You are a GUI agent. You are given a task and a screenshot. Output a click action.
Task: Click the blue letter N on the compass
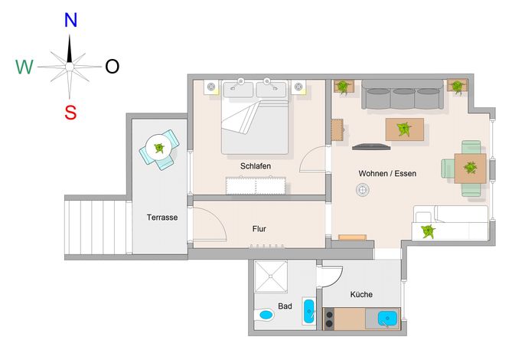click(x=70, y=20)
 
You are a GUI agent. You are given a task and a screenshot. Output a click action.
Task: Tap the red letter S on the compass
click(x=70, y=113)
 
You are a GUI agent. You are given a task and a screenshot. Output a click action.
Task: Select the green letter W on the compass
click(x=24, y=67)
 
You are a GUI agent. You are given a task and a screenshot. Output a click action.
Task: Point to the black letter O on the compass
click(x=112, y=67)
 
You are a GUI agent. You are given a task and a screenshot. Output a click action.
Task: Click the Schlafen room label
click(x=256, y=166)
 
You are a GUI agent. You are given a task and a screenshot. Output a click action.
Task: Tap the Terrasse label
click(x=162, y=218)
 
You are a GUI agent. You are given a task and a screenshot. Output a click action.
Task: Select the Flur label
click(x=259, y=229)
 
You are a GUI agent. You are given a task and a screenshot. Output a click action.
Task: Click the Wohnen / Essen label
click(x=387, y=173)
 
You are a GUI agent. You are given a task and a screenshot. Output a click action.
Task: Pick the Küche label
click(x=361, y=294)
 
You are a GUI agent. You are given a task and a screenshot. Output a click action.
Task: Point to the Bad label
click(x=285, y=306)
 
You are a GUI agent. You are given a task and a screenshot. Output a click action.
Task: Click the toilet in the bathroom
click(x=264, y=315)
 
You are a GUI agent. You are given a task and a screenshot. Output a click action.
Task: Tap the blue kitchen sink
click(x=387, y=319)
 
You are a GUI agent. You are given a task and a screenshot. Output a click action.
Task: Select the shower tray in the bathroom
click(x=271, y=277)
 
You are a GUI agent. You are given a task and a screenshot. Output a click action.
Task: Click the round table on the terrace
click(x=159, y=148)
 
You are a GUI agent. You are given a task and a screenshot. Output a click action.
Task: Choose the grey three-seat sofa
click(x=403, y=94)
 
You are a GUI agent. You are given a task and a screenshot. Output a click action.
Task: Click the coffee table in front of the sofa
click(x=405, y=129)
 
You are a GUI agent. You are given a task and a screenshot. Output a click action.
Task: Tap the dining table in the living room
click(x=470, y=169)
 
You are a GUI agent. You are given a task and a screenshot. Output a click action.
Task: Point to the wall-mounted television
click(x=371, y=146)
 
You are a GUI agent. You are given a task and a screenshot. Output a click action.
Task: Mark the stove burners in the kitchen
click(x=329, y=319)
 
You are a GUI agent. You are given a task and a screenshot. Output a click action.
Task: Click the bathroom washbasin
click(x=308, y=311)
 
